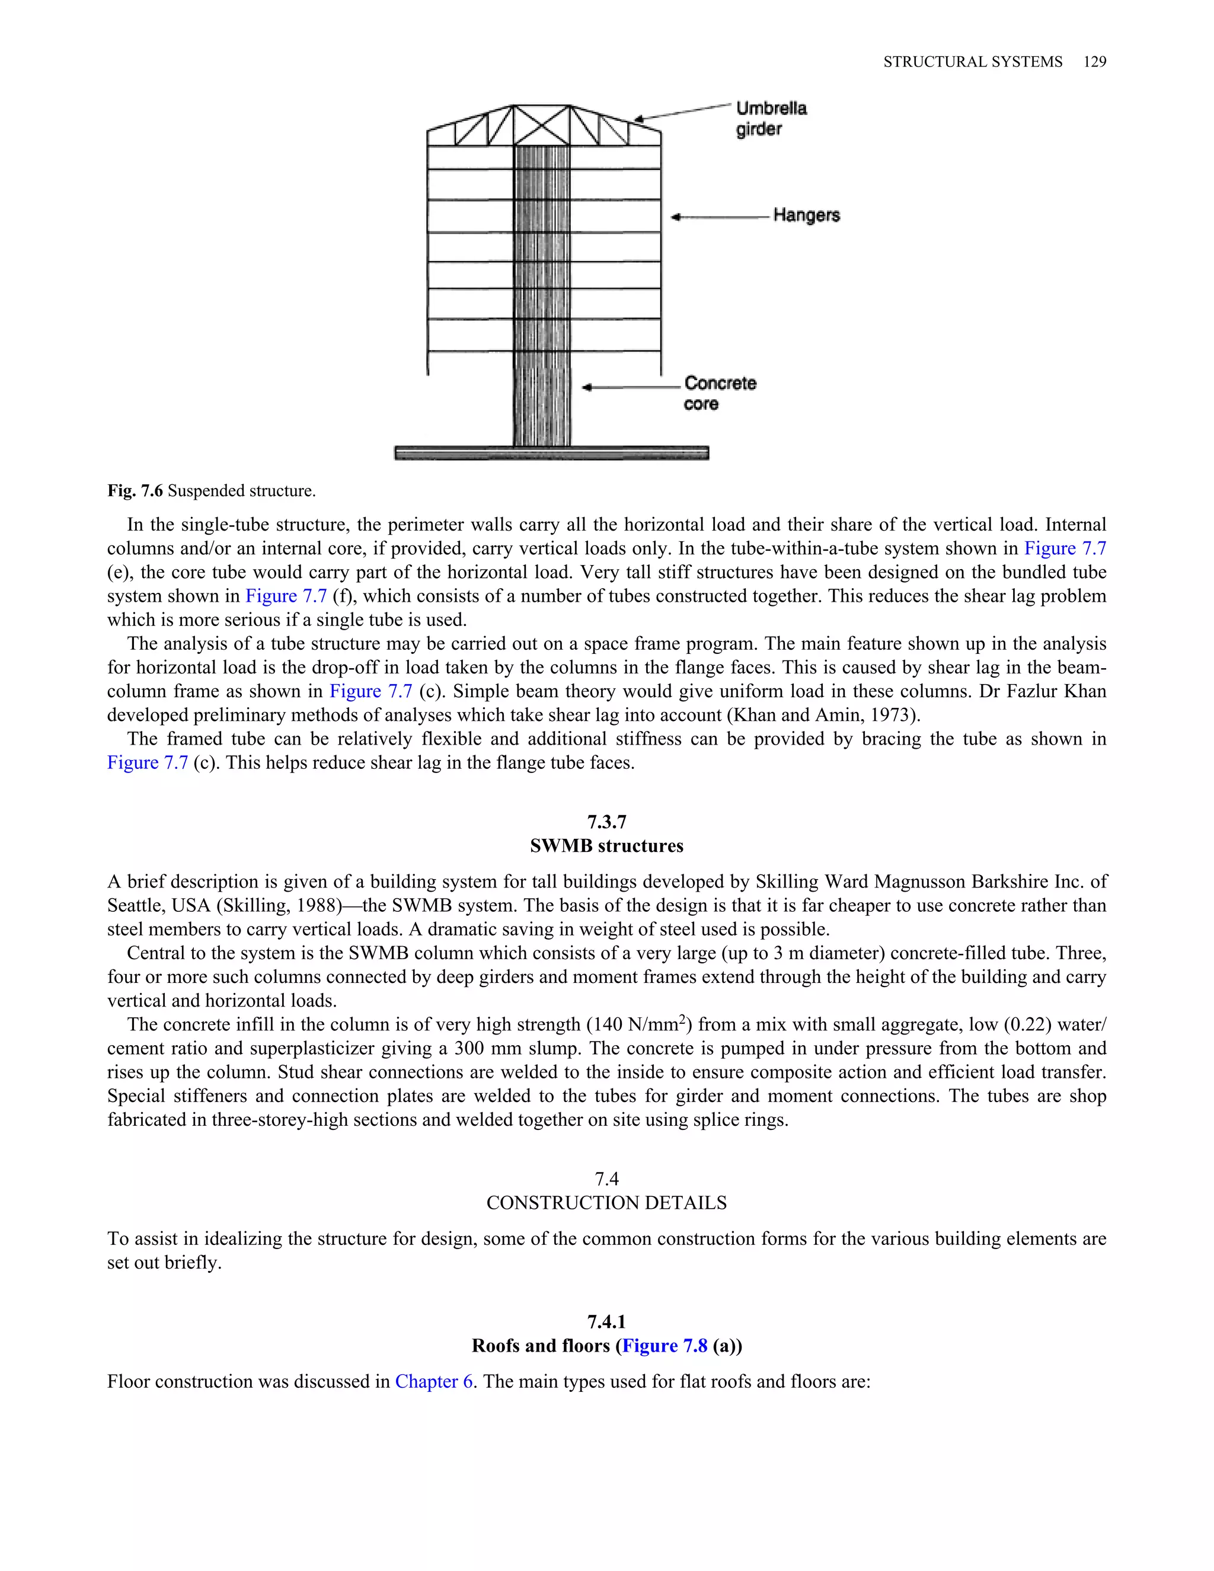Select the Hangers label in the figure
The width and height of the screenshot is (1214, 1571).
coord(806,215)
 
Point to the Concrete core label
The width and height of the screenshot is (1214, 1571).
coord(719,392)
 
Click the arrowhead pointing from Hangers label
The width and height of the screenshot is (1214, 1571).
coord(675,216)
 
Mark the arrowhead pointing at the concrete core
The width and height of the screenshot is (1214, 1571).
coord(587,388)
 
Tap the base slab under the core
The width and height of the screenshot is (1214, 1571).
coord(552,452)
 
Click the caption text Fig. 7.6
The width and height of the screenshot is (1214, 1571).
coord(135,491)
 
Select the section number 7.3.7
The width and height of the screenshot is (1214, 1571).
coord(606,822)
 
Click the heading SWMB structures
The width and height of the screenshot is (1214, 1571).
coord(606,846)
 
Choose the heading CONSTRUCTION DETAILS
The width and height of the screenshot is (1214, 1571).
coord(606,1203)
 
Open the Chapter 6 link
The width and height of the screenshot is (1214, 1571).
coord(434,1381)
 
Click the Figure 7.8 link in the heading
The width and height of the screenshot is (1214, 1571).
coord(664,1345)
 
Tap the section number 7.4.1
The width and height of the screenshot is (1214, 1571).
coord(606,1321)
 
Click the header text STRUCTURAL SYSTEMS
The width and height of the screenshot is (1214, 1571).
coord(972,62)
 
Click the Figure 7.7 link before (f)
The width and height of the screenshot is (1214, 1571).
coord(286,596)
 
